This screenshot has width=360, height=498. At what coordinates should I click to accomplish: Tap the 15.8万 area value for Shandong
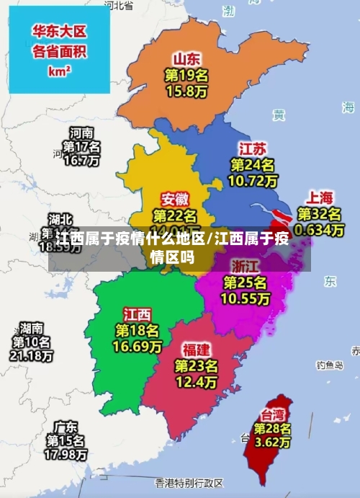point(186,92)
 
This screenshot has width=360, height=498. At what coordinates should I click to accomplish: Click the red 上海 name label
point(320,197)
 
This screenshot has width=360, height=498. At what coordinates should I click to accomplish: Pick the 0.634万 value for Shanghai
point(320,230)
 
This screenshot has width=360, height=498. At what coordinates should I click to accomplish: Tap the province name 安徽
point(175,199)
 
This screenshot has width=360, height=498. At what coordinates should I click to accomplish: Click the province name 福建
point(196,350)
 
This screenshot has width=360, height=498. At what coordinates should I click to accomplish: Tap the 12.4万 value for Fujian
point(196,381)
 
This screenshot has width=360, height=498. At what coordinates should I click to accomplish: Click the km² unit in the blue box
point(59,71)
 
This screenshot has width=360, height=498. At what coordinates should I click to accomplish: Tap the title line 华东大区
point(60,32)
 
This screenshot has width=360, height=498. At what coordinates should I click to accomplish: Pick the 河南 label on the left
point(81,133)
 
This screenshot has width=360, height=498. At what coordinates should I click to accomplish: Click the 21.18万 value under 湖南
point(31,355)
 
